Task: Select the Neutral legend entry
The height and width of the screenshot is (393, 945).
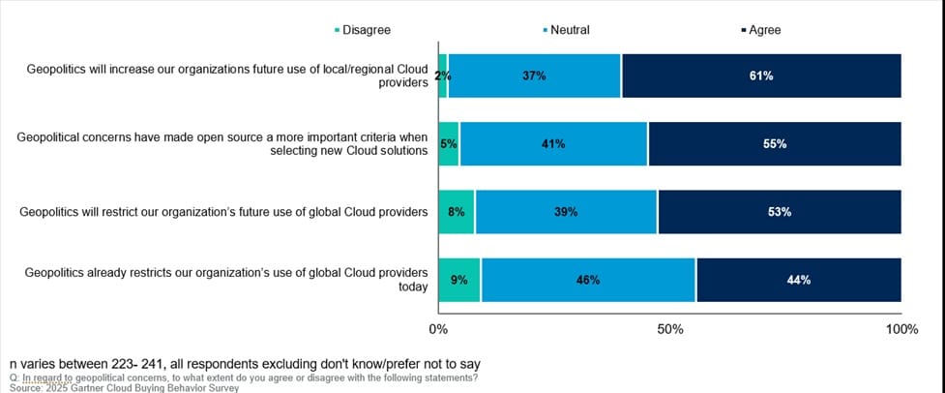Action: coord(569,30)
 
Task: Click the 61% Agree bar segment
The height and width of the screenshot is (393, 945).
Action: coord(760,76)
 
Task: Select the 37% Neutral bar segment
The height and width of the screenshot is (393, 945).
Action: coord(534,76)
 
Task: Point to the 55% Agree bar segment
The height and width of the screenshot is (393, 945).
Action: coord(774,143)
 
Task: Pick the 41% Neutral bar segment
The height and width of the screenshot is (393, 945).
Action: coord(553,143)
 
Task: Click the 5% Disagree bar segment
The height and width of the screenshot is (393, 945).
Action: coord(449,143)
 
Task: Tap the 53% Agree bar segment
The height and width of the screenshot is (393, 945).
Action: coord(779,212)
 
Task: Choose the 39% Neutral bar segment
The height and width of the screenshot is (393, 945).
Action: coord(566,212)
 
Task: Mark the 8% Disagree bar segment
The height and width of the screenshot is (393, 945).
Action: coord(457,212)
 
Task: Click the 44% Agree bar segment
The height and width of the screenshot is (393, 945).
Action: coord(798,280)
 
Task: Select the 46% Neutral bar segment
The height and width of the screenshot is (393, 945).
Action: coord(588,280)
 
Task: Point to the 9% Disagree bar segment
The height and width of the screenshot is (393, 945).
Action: coord(459,280)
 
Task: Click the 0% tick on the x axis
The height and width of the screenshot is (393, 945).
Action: coord(438,330)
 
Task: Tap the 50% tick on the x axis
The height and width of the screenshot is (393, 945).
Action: coord(670,330)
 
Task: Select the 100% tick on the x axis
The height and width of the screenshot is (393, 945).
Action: coord(901,330)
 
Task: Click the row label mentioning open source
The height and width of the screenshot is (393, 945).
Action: coord(222,144)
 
